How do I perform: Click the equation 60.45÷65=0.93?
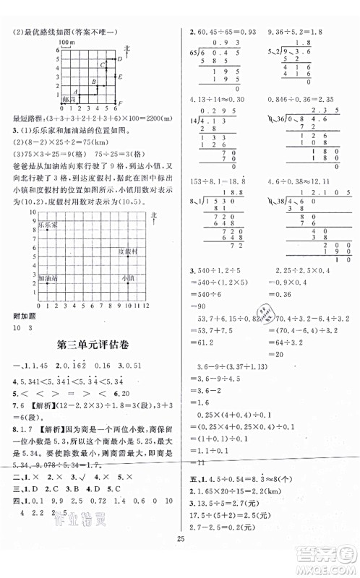220,33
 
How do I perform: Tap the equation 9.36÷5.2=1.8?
296,33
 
